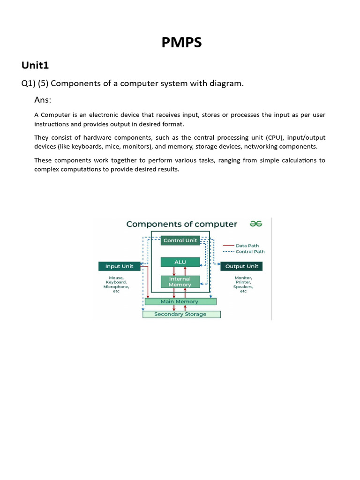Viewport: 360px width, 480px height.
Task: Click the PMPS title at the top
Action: click(x=182, y=43)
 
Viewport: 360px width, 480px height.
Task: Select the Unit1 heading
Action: click(x=35, y=65)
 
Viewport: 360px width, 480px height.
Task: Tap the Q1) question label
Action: click(x=30, y=83)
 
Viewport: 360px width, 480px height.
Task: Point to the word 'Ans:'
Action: click(x=43, y=100)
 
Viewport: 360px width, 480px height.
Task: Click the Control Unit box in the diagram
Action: click(x=180, y=240)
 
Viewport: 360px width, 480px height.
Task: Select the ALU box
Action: click(x=180, y=262)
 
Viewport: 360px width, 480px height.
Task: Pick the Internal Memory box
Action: click(x=180, y=282)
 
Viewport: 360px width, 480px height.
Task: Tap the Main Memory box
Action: click(x=180, y=301)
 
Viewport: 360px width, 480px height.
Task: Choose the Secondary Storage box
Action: click(x=180, y=314)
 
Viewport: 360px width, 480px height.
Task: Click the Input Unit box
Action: click(x=119, y=266)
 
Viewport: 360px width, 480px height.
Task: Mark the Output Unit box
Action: click(x=241, y=266)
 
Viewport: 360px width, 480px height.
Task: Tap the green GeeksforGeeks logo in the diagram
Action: click(x=256, y=224)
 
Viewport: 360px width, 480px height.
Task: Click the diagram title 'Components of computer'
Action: click(x=182, y=224)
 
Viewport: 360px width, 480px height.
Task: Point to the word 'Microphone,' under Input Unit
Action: click(x=116, y=287)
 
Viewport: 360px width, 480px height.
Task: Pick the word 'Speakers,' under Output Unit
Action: click(x=243, y=287)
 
